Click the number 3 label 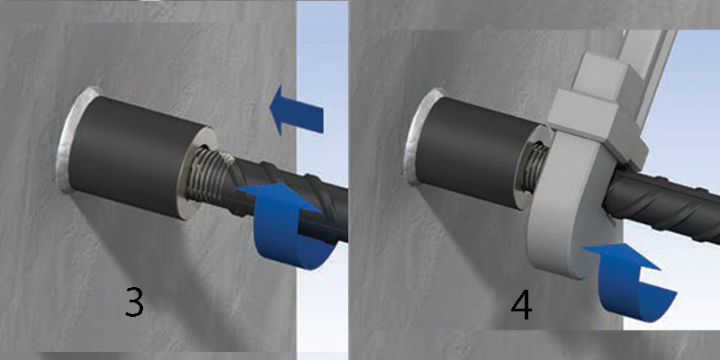click(134, 301)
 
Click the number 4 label click(522, 304)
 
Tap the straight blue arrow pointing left click(296, 112)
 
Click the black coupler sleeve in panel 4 click(478, 151)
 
